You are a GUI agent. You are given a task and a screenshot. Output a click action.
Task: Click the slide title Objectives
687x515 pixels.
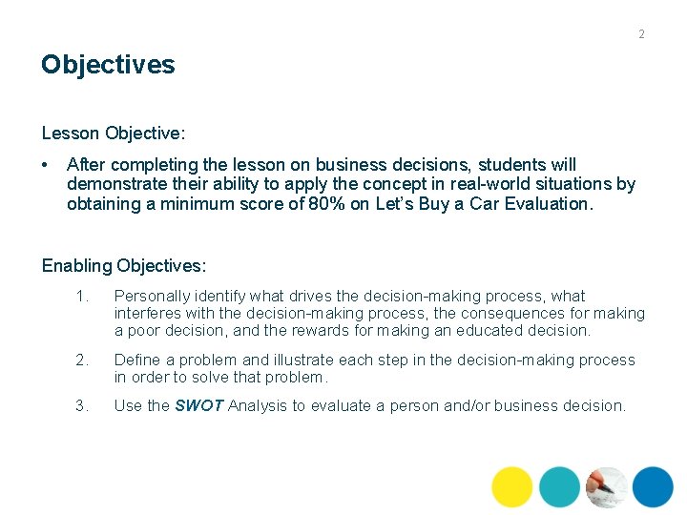coord(108,65)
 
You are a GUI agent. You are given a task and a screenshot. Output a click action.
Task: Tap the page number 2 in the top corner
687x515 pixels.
coord(641,34)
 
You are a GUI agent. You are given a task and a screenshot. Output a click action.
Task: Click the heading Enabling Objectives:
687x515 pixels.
coord(124,264)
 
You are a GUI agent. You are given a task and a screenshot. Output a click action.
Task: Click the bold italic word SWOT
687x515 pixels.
coord(199,405)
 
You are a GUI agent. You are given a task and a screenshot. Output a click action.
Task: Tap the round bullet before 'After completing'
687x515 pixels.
coord(47,165)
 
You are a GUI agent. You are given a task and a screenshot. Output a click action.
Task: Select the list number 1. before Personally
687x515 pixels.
coord(82,297)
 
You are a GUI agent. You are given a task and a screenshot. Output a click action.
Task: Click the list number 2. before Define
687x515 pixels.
coord(82,360)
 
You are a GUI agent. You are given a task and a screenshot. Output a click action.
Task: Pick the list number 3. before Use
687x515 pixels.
coord(82,405)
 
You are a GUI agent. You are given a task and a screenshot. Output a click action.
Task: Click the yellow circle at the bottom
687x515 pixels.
coord(512,486)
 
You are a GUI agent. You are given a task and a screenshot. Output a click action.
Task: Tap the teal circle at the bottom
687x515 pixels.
coord(559,486)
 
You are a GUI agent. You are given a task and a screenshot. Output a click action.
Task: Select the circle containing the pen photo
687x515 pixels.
coord(606,486)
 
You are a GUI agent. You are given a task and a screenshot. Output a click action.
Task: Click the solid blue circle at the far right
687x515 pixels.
coord(653,486)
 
